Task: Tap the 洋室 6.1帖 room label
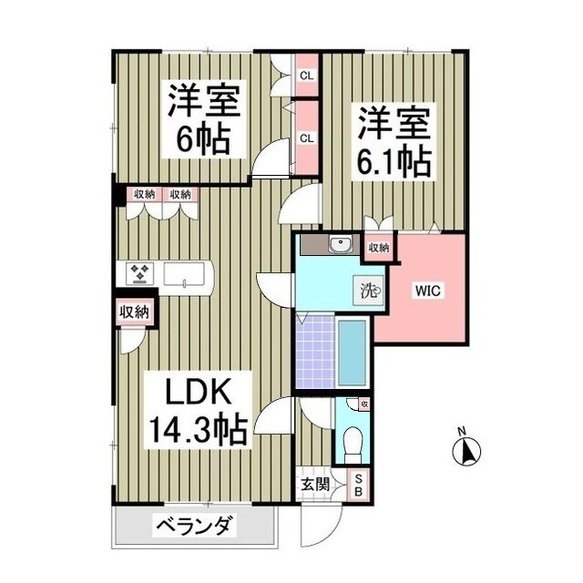[393, 141]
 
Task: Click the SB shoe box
[358, 486]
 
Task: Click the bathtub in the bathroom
[352, 352]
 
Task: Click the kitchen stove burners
[139, 273]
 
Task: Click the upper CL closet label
[307, 77]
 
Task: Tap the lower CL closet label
[307, 138]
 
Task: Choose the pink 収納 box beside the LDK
[134, 312]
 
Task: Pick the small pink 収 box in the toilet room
[364, 404]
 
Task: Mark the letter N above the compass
[462, 431]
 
